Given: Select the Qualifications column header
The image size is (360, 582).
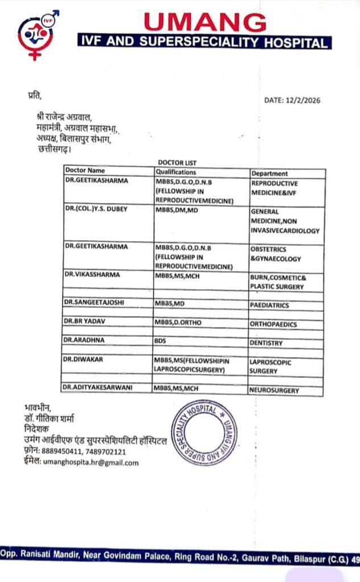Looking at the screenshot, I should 176,172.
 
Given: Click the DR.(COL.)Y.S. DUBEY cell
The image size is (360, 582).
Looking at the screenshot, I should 96,209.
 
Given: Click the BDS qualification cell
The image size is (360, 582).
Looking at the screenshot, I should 162,342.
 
